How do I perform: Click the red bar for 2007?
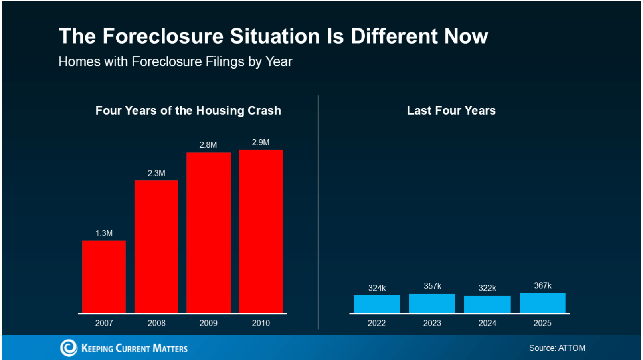point(104,277)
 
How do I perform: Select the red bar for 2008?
point(156,247)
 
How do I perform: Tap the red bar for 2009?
point(208,233)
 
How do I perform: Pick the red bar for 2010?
point(261,231)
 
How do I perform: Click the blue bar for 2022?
point(376,304)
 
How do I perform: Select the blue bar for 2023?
point(432,303)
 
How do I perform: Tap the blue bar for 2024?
point(487,305)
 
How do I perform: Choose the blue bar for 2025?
point(542,303)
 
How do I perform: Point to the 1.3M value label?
point(104,233)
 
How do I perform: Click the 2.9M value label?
point(261,142)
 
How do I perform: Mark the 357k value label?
point(432,286)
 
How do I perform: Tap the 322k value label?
point(487,288)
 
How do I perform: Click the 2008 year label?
point(156,323)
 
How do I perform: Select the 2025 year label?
point(542,323)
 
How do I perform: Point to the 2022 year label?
point(376,323)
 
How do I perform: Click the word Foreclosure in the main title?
point(163,36)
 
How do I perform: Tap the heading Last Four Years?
point(451,111)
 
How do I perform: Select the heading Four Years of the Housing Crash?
point(188,111)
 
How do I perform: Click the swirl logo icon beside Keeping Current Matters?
point(69,348)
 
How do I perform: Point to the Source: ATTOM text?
point(557,348)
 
